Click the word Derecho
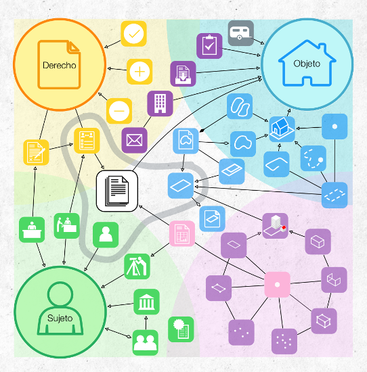[x=60, y=65]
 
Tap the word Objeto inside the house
[x=307, y=64]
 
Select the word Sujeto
[x=60, y=318]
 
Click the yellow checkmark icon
[x=134, y=34]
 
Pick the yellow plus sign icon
[x=139, y=72]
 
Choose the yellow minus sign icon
[x=119, y=111]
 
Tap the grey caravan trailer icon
[x=241, y=33]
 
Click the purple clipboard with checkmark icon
[x=209, y=46]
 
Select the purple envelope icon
[x=135, y=140]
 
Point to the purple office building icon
[x=160, y=103]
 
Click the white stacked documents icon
[x=117, y=191]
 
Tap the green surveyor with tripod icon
[x=137, y=266]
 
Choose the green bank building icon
[x=146, y=302]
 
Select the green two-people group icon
[x=145, y=343]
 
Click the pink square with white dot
[x=277, y=285]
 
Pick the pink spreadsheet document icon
[x=182, y=233]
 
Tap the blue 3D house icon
[x=282, y=129]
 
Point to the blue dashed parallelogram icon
[x=334, y=195]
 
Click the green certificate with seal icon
[x=181, y=329]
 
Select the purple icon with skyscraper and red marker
[x=276, y=226]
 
